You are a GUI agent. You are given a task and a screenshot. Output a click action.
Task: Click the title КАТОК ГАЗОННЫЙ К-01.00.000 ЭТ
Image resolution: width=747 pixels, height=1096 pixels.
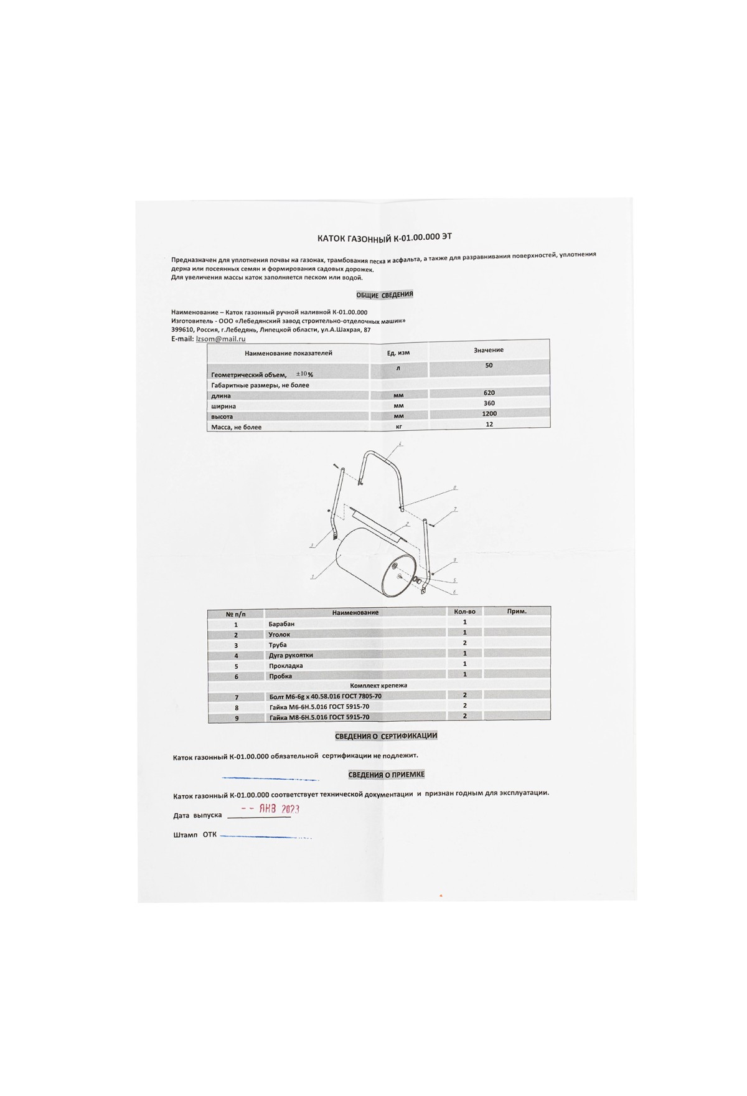(385, 237)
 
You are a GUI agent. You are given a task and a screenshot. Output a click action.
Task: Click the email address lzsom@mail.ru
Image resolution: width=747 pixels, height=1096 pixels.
(220, 339)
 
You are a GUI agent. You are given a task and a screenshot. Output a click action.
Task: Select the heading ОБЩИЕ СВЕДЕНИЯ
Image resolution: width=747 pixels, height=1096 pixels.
(385, 295)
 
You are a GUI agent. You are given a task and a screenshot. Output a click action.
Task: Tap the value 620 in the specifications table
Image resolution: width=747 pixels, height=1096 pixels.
(489, 393)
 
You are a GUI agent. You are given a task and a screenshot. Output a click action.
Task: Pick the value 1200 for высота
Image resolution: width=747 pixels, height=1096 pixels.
(489, 413)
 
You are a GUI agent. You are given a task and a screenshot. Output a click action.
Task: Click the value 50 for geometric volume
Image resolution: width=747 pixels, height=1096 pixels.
(489, 366)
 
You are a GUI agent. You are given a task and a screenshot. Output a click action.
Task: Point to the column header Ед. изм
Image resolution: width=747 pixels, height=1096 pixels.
(398, 352)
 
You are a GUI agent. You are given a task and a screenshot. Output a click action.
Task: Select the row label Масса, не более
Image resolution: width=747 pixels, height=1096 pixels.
(237, 427)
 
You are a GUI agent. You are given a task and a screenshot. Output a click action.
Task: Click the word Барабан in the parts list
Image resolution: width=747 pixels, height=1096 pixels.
(281, 624)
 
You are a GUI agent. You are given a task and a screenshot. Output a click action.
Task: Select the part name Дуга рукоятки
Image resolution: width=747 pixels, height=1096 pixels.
(291, 655)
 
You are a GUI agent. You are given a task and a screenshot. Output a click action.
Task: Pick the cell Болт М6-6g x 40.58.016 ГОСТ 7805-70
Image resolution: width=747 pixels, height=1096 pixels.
(325, 696)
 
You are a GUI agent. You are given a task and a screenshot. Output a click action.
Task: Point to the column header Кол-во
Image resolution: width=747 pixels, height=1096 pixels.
(464, 612)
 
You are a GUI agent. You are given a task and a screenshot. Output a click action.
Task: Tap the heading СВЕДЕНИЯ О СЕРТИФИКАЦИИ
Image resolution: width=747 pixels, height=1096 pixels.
(386, 736)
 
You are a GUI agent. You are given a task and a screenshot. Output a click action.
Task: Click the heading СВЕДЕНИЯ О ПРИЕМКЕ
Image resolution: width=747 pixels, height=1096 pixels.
(386, 775)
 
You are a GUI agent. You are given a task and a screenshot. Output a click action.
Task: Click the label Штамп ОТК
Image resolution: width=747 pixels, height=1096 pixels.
(195, 834)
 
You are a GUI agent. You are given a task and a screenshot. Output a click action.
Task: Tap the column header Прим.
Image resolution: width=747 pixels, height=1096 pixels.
(517, 612)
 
